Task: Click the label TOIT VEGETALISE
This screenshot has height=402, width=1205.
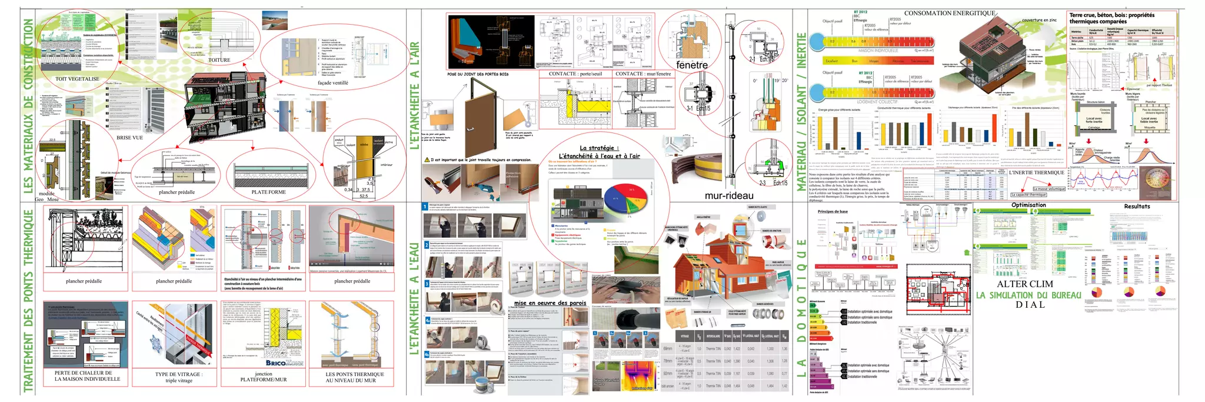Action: click(77, 79)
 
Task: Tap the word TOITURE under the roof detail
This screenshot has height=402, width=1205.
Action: click(219, 60)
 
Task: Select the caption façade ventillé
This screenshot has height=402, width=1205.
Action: click(333, 83)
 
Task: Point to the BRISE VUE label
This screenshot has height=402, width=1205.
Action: click(129, 138)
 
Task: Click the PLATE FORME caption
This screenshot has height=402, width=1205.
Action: click(268, 192)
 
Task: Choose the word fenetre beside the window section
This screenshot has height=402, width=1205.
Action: click(691, 65)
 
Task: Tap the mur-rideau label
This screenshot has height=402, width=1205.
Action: click(729, 195)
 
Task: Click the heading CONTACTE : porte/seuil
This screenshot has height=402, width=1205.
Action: click(575, 74)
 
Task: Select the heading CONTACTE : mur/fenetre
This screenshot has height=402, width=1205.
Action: click(643, 74)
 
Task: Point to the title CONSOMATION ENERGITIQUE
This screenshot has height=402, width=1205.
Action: click(950, 13)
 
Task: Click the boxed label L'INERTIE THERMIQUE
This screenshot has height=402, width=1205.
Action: click(1036, 172)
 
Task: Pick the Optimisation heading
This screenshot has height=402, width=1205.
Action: click(1028, 205)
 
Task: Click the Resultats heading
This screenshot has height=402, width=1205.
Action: click(1137, 207)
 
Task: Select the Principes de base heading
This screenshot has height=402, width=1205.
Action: click(833, 211)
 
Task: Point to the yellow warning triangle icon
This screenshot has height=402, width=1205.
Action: click(427, 160)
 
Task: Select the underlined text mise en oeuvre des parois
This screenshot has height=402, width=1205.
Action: click(550, 303)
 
